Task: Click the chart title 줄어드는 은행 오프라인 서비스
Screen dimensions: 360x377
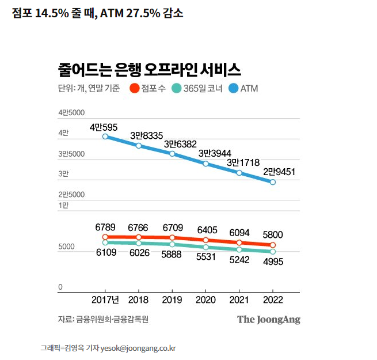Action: [x=148, y=70]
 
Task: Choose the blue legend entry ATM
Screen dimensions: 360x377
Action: [x=243, y=89]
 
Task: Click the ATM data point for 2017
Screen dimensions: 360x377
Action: [x=105, y=137]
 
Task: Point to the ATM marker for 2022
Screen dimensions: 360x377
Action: [x=273, y=182]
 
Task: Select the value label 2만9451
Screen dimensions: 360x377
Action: [x=280, y=172]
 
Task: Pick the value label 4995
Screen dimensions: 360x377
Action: [x=273, y=262]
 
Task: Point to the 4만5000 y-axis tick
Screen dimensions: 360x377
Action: [x=71, y=113]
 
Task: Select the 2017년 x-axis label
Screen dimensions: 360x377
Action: [x=105, y=300]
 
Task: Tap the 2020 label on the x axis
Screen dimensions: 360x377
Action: [x=205, y=300]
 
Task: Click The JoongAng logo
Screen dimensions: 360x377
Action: [x=268, y=319]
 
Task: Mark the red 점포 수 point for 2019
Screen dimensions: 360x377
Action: [x=172, y=238]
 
